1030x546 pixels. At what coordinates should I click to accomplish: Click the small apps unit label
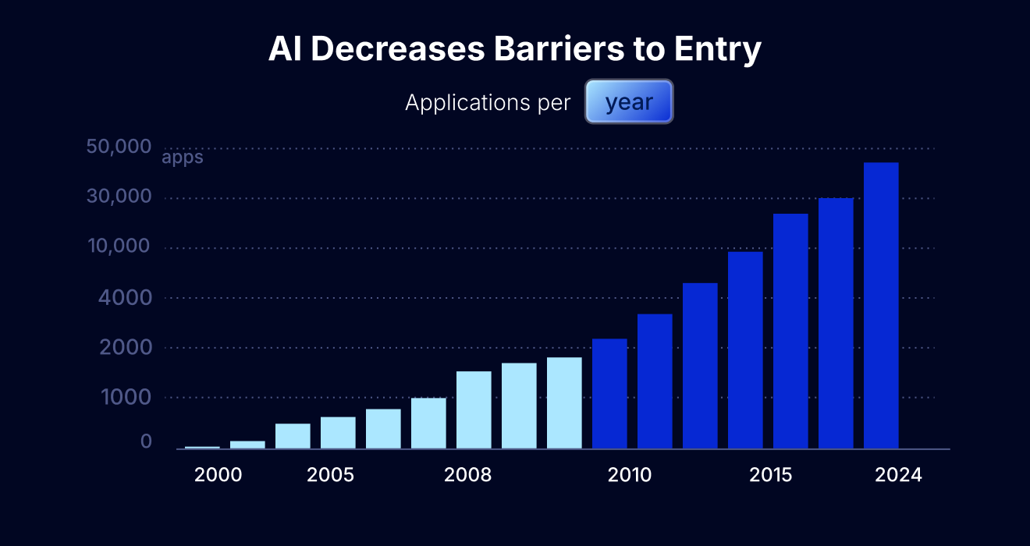point(183,158)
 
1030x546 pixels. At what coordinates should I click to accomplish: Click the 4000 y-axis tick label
point(125,297)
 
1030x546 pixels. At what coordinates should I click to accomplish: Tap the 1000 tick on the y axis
point(125,397)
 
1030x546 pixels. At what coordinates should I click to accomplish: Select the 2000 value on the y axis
point(125,347)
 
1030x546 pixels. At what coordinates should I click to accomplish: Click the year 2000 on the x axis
point(218,475)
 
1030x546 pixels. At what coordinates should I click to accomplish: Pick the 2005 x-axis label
point(331,475)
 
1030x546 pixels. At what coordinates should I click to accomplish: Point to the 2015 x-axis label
point(771,475)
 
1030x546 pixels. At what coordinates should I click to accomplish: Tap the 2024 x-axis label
point(898,475)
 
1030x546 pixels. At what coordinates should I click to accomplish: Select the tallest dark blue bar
point(881,304)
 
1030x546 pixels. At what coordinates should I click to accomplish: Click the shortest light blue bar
point(202,447)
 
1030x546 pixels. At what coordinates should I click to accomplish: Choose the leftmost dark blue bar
point(609,394)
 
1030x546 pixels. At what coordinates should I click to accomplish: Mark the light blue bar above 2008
point(474,409)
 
